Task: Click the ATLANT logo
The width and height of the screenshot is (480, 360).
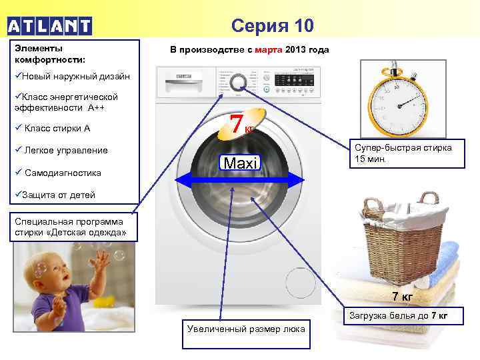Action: [x=49, y=26]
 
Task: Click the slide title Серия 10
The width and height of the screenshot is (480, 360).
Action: [x=272, y=26]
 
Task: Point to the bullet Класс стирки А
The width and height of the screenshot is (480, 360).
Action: [x=53, y=128]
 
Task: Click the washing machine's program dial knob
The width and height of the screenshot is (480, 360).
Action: [x=238, y=82]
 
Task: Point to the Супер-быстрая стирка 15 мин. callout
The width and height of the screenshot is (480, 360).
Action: [x=403, y=154]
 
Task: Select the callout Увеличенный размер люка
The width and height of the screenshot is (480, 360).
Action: [x=246, y=328]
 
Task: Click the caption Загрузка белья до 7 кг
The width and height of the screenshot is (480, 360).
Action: [x=405, y=315]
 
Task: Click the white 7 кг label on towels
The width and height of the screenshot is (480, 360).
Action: [x=402, y=296]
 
